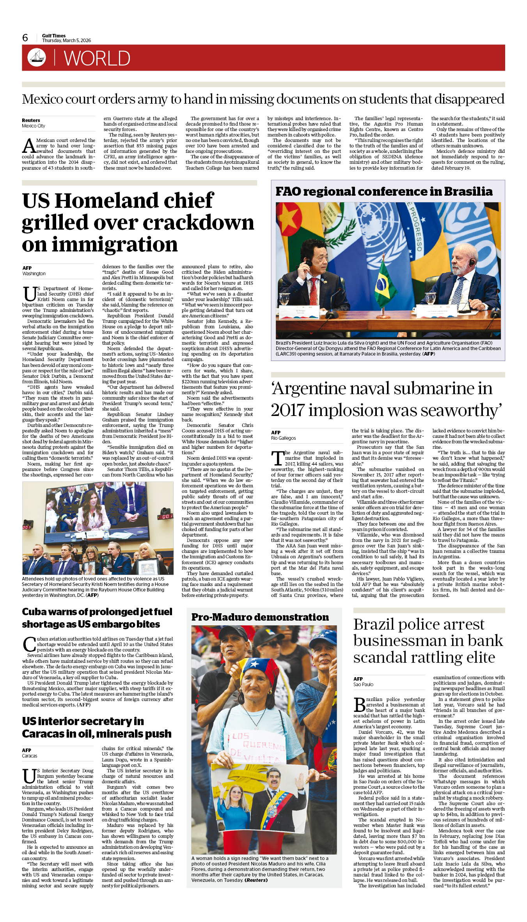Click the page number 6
pos(25,38)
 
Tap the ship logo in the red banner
pos(37,57)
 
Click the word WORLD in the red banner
pos(97,58)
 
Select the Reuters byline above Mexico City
pos(31,120)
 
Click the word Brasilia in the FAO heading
pos(468,192)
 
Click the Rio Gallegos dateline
pos(284,438)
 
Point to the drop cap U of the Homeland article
pos(30,294)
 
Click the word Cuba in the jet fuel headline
pos(34,612)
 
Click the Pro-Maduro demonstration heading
pos(260,618)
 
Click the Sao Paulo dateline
pos(363,685)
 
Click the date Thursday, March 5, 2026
pos(66,41)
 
